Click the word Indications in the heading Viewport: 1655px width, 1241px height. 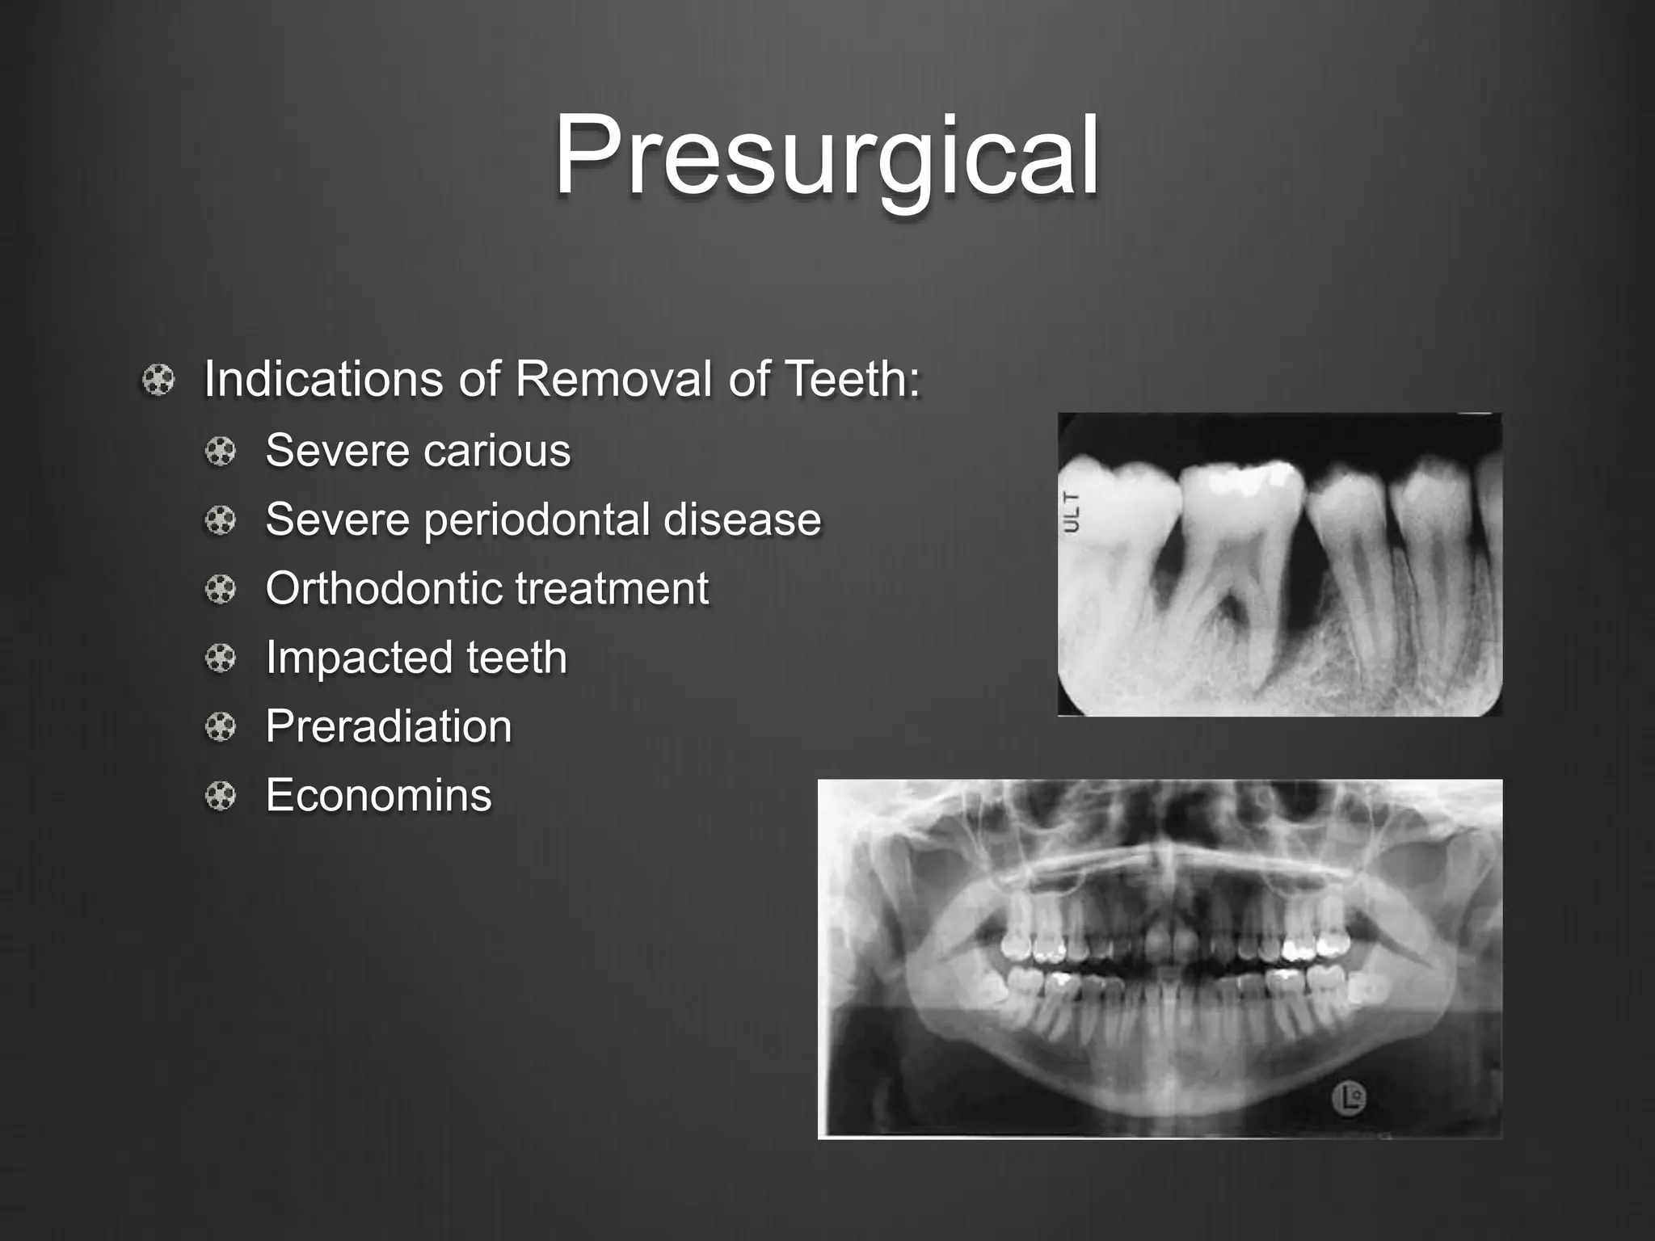pos(323,379)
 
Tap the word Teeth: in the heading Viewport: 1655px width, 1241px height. pos(853,379)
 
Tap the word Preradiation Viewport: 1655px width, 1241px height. pos(389,726)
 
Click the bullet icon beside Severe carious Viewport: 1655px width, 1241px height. pos(221,451)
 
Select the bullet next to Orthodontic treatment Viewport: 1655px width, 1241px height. pos(221,589)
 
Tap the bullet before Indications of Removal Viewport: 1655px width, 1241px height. pos(158,380)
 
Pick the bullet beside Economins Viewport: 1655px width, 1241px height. pos(221,797)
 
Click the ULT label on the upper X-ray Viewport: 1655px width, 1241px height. pos(1072,511)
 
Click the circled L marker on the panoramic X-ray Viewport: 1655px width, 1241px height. pos(1348,1099)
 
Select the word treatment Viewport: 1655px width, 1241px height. pos(612,588)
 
